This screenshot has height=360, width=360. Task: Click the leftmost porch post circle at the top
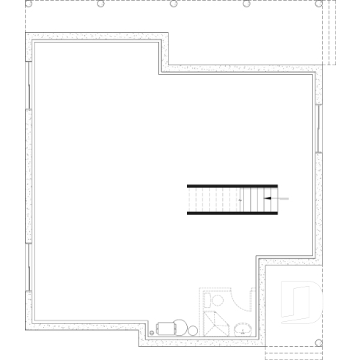29,4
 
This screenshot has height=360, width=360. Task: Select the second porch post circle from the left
101,4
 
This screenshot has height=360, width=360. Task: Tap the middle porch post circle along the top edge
174,4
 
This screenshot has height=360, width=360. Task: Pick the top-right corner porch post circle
319,4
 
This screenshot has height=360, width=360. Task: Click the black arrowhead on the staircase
268,198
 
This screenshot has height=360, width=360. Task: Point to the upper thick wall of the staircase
232,185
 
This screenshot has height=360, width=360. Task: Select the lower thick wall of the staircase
232,213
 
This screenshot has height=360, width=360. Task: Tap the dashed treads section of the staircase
213,199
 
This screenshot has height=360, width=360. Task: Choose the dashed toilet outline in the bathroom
216,301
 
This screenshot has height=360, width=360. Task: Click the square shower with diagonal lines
216,323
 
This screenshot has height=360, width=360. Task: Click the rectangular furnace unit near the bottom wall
170,328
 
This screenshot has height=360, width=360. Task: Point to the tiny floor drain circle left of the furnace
152,333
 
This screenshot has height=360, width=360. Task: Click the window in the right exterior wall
320,128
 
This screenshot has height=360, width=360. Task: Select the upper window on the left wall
28,85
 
